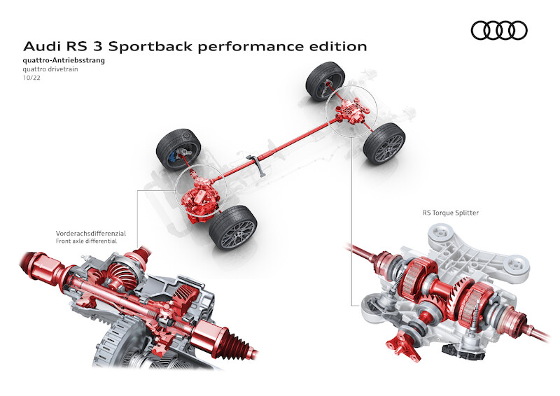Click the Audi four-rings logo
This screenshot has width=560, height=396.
(x=498, y=30)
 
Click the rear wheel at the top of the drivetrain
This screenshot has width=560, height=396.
(x=325, y=80)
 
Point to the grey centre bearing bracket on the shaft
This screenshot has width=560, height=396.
(x=260, y=169)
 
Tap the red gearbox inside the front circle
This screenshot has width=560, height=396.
(x=199, y=199)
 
